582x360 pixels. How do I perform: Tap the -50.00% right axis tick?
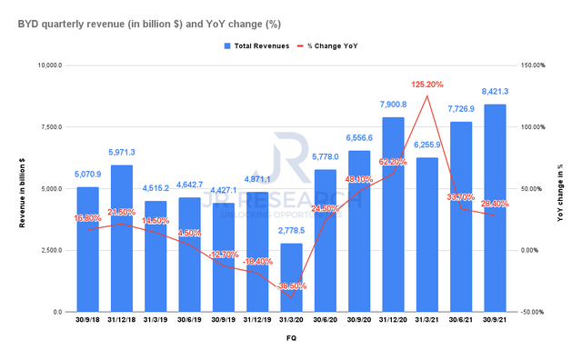(532, 312)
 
